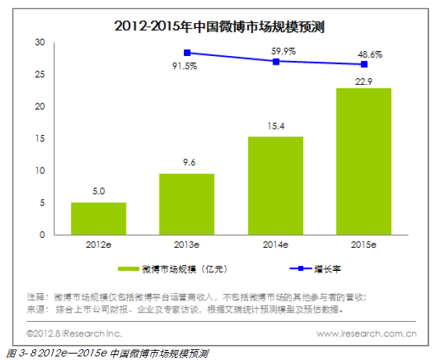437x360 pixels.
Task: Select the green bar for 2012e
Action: click(x=98, y=218)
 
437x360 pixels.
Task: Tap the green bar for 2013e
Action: click(x=187, y=204)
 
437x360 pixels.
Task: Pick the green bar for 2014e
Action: click(x=275, y=185)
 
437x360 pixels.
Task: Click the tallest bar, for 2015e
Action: click(x=364, y=162)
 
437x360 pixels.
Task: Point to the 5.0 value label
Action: click(x=98, y=193)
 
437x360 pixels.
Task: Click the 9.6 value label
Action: click(x=187, y=164)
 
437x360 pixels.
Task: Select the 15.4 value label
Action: click(x=275, y=126)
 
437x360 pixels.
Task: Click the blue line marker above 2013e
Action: click(x=187, y=52)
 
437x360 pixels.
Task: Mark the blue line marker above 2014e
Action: click(x=275, y=61)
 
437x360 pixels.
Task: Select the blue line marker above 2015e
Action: click(x=364, y=64)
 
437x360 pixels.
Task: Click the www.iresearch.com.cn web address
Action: click(x=367, y=333)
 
